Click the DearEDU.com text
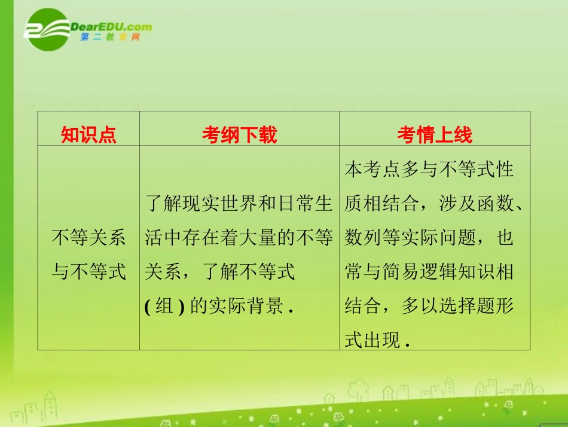point(111,27)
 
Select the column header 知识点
point(88,135)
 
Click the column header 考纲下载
point(239,135)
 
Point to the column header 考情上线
point(434,135)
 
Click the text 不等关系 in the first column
point(88,238)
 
